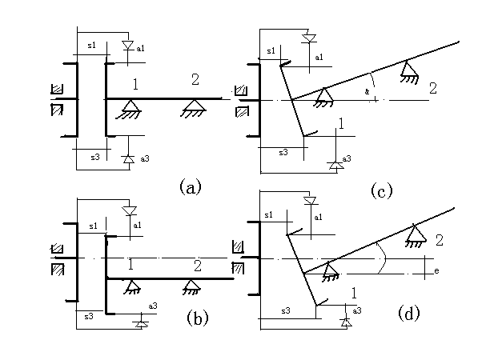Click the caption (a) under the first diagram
pyautogui.click(x=190, y=187)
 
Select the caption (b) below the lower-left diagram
pyautogui.click(x=198, y=318)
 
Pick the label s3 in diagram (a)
pyautogui.click(x=94, y=157)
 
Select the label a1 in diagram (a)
pyautogui.click(x=141, y=49)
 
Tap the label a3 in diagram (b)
pyautogui.click(x=153, y=306)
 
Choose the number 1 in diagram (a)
pyautogui.click(x=136, y=82)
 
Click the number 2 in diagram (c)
pyautogui.click(x=433, y=87)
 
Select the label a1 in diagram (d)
pyautogui.click(x=319, y=217)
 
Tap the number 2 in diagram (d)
pyautogui.click(x=439, y=239)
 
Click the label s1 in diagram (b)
pyautogui.click(x=92, y=226)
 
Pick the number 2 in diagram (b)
pyautogui.click(x=197, y=265)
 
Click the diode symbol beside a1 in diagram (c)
pyautogui.click(x=311, y=38)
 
